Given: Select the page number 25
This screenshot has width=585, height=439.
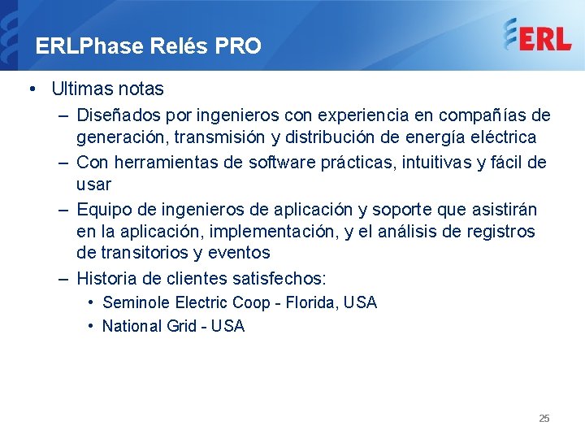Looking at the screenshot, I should (x=544, y=418).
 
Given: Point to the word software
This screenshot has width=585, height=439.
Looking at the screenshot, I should (x=283, y=163).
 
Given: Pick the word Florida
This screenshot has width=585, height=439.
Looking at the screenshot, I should (x=312, y=302).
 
